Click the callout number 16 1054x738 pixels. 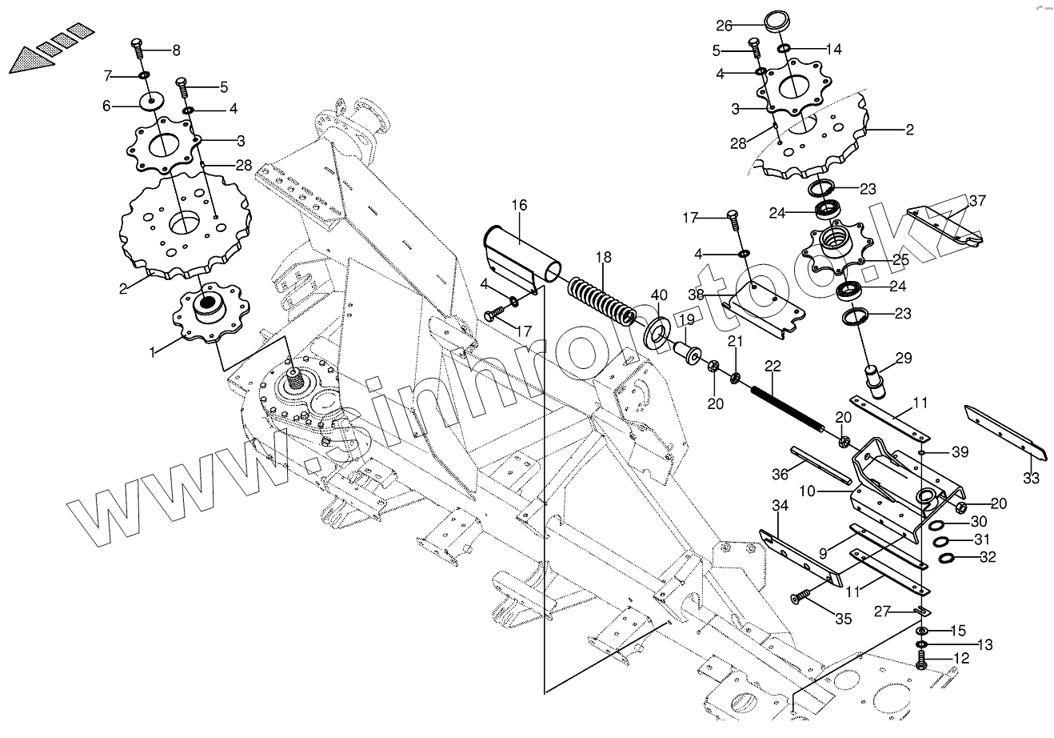(519, 206)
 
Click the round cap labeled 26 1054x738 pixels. (774, 21)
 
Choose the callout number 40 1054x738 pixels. (658, 295)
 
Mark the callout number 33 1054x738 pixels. (1031, 479)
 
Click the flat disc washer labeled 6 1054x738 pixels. (150, 103)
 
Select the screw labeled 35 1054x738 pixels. (800, 596)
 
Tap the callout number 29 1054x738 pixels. (903, 358)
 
